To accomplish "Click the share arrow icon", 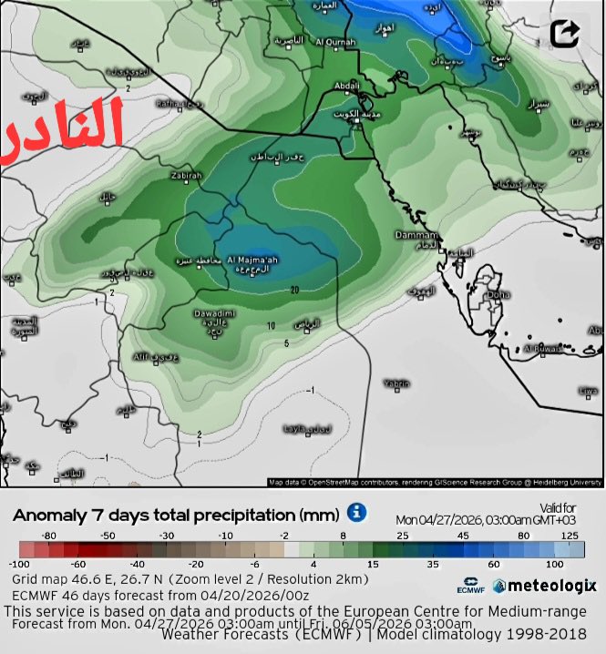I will tap(565, 34).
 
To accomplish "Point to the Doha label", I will tap(498, 294).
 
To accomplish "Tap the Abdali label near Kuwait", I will tap(347, 87).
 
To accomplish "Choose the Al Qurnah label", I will tap(334, 42).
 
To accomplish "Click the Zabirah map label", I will tap(185, 176).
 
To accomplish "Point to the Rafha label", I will tap(169, 104).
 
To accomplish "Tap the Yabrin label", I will tap(395, 383).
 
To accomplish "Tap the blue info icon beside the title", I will tap(357, 513).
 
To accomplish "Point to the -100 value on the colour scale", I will tap(19, 565).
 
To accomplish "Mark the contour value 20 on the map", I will tap(294, 290).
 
